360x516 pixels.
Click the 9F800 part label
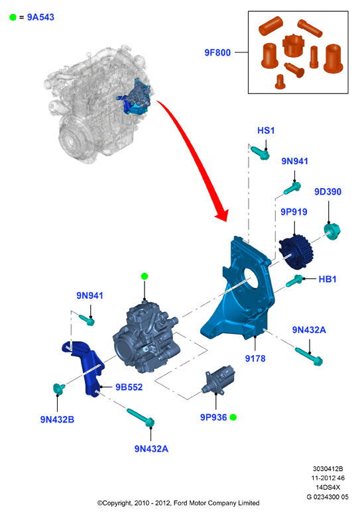click(x=217, y=52)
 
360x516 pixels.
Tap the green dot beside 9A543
click(x=13, y=17)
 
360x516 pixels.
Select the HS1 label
click(x=266, y=130)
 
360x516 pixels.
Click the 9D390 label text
click(x=328, y=191)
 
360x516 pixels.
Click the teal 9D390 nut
click(x=331, y=231)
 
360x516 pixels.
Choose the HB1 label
click(x=328, y=279)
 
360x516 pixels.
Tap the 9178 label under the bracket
click(x=255, y=358)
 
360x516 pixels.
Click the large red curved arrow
click(x=198, y=155)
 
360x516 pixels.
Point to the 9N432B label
click(x=57, y=419)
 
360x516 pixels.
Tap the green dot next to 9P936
click(x=233, y=417)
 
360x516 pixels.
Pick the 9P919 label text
click(x=294, y=212)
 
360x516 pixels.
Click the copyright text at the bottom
click(x=178, y=503)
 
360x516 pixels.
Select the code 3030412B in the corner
click(x=328, y=468)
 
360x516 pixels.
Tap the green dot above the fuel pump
click(x=145, y=276)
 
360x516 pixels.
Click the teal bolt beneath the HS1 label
click(x=260, y=153)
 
